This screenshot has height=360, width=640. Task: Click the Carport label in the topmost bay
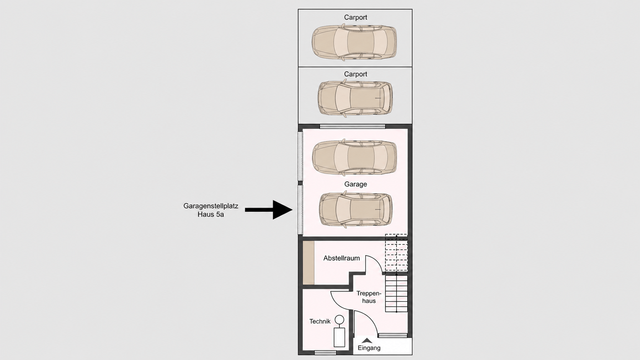[356, 18]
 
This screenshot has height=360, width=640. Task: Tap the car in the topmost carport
[354, 42]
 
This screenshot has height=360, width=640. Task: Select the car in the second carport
[355, 98]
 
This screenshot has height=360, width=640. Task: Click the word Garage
[356, 184]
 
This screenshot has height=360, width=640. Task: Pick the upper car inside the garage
[354, 157]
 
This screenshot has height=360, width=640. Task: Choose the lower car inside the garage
[356, 210]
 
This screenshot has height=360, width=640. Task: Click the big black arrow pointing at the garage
[269, 210]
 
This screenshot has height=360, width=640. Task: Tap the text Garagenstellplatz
[211, 206]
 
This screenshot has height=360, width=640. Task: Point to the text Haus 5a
[211, 214]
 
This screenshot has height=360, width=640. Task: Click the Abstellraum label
[341, 258]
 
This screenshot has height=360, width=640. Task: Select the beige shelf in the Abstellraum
[309, 263]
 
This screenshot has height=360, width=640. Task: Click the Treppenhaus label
[369, 297]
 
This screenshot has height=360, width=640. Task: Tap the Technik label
[320, 321]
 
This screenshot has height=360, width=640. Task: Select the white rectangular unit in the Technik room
[340, 337]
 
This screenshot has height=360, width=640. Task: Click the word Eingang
[369, 348]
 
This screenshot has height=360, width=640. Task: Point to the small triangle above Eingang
[367, 340]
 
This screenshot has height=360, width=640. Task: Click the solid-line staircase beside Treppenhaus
[396, 293]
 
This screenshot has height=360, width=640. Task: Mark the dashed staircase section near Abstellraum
[396, 252]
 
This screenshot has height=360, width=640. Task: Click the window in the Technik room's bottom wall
[325, 353]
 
